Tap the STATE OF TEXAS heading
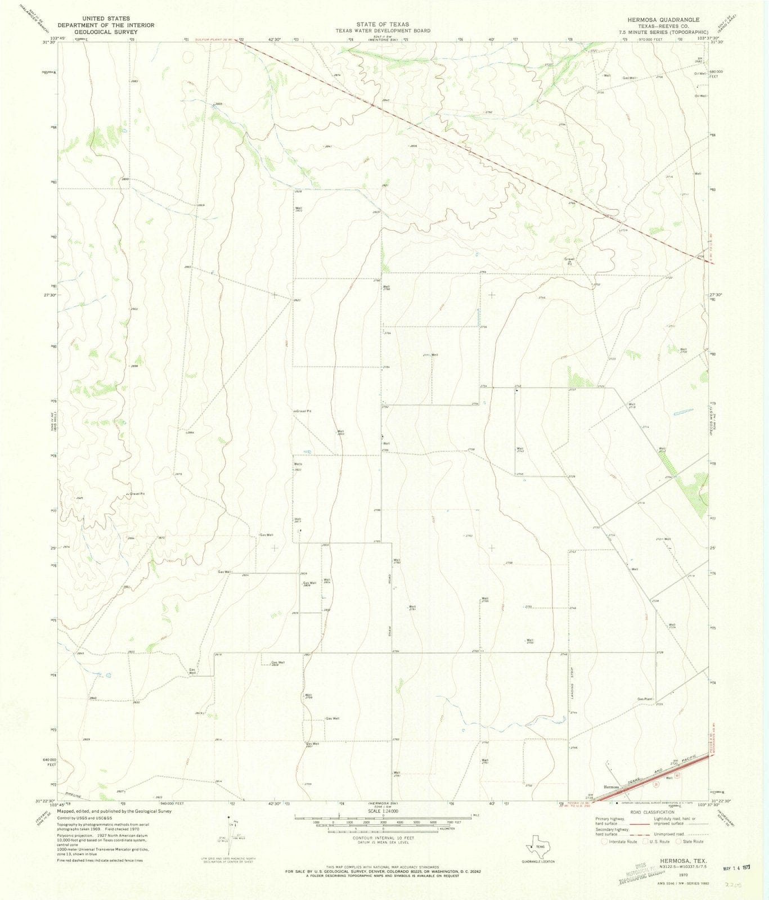click(384, 25)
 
